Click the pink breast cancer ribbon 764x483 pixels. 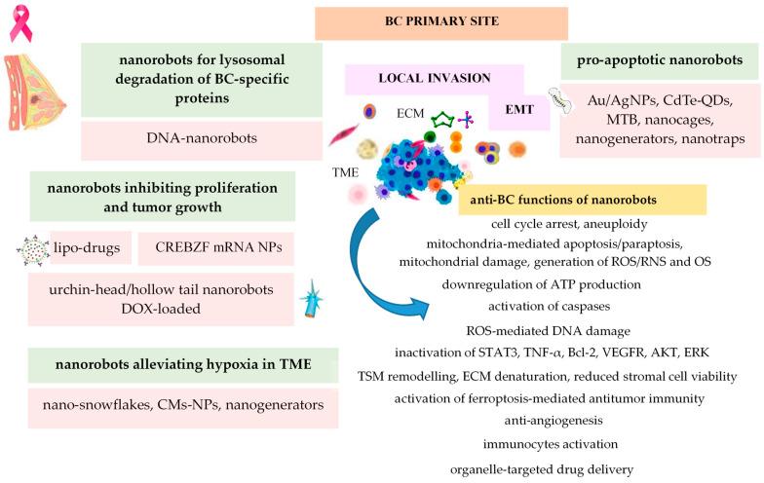(x=20, y=22)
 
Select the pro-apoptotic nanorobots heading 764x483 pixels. (x=655, y=59)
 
